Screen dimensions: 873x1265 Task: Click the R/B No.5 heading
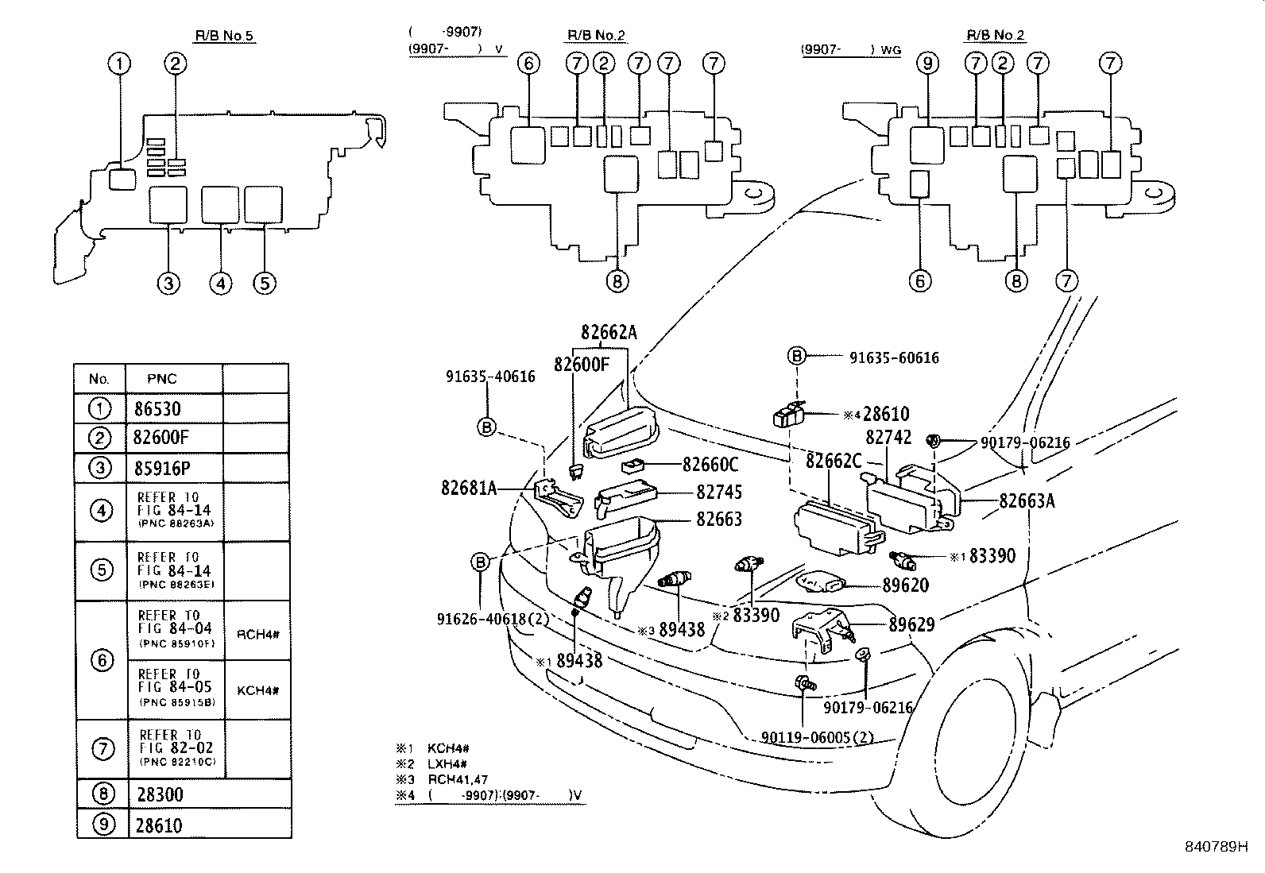[x=225, y=36]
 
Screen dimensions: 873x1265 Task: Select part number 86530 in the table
[x=157, y=409]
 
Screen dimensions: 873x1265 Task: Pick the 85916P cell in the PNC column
[x=161, y=468]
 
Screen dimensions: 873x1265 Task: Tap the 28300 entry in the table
[x=160, y=795]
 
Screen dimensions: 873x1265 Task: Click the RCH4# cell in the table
[x=257, y=633]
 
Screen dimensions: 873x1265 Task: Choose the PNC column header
[x=162, y=379]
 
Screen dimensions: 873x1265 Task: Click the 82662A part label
[x=609, y=334]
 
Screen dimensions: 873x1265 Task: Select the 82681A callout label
[x=469, y=488]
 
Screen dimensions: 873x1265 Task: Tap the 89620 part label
[x=905, y=585]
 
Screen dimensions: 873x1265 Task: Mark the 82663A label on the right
[x=1027, y=500]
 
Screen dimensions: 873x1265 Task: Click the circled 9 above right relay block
[x=927, y=64]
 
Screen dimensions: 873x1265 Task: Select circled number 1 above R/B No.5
[x=119, y=64]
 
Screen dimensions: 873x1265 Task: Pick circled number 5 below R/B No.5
[x=265, y=283]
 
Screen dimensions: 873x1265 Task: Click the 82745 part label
[x=718, y=493]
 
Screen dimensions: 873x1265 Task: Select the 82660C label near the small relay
[x=710, y=464]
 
